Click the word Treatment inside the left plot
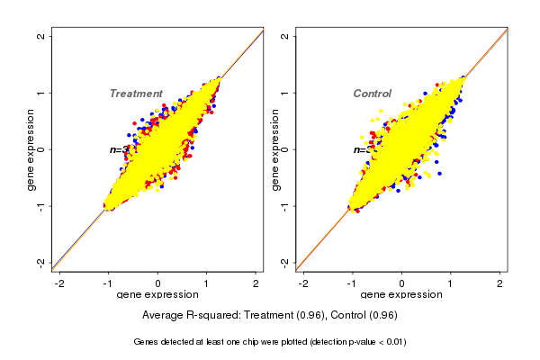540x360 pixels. click(x=136, y=94)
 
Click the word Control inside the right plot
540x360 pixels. click(x=372, y=94)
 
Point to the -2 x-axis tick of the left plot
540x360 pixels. click(x=60, y=283)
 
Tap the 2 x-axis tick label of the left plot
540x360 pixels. click(x=256, y=283)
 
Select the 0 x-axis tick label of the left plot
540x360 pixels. click(x=158, y=283)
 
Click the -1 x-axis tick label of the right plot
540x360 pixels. click(x=351, y=283)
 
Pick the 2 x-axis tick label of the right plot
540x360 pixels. click(x=500, y=283)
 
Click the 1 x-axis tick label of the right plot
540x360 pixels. click(x=451, y=283)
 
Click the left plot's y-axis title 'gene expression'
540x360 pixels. click(x=31, y=149)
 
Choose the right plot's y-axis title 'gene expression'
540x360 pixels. click(x=275, y=149)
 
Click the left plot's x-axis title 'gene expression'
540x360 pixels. click(x=158, y=295)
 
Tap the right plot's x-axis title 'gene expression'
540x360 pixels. click(x=401, y=295)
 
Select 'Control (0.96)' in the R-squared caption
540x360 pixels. click(x=364, y=316)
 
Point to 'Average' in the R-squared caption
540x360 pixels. click(x=163, y=316)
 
